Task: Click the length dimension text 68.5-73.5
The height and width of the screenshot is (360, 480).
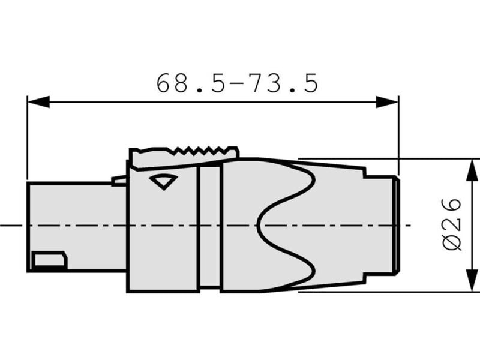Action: point(237,83)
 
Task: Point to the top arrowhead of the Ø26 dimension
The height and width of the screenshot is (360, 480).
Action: point(473,169)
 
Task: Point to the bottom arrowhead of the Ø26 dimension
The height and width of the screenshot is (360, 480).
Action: point(473,282)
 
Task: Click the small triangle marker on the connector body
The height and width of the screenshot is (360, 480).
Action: point(162,181)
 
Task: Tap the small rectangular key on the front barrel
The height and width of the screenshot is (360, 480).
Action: point(49,261)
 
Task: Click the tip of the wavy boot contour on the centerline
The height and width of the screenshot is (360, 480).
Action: point(259,226)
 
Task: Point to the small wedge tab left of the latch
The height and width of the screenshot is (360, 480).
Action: point(119,180)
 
